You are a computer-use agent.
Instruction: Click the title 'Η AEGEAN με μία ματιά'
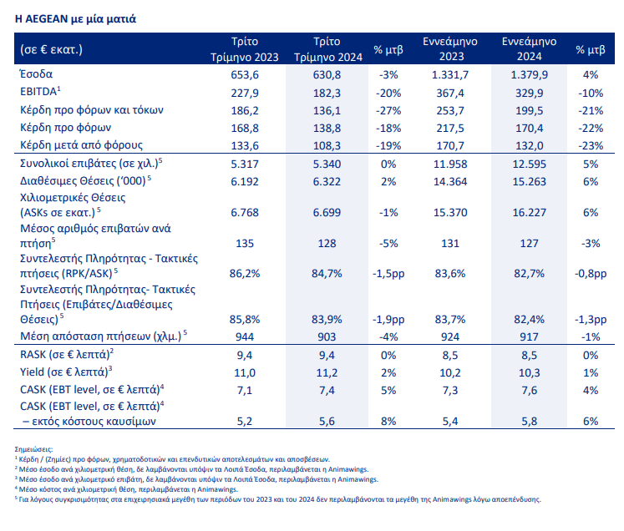click(x=76, y=18)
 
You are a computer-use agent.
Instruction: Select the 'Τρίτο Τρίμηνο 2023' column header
click(x=245, y=49)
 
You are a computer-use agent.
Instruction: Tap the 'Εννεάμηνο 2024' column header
click(x=529, y=48)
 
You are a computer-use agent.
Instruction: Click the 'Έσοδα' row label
click(x=36, y=74)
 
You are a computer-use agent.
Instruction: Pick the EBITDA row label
click(x=40, y=92)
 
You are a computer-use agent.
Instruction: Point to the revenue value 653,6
click(x=245, y=75)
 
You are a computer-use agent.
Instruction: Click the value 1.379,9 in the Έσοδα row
click(x=529, y=75)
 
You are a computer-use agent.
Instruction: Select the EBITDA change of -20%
click(x=388, y=93)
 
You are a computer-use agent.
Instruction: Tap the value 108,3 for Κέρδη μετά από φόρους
click(x=327, y=145)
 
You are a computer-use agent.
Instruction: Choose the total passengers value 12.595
click(x=529, y=164)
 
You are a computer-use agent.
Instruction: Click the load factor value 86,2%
click(x=245, y=273)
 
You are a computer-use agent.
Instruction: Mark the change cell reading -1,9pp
click(x=388, y=320)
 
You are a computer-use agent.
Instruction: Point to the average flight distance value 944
click(x=245, y=337)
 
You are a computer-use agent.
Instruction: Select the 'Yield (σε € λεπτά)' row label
click(x=66, y=372)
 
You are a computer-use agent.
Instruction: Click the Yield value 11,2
click(x=327, y=372)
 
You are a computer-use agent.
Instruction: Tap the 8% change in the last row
click(x=388, y=422)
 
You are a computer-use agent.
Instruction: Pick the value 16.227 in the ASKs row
click(x=529, y=212)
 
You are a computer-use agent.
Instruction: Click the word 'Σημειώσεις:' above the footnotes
click(x=33, y=449)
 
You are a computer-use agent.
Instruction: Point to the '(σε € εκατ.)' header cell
click(x=51, y=49)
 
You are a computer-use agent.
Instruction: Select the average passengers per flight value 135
click(x=245, y=243)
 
